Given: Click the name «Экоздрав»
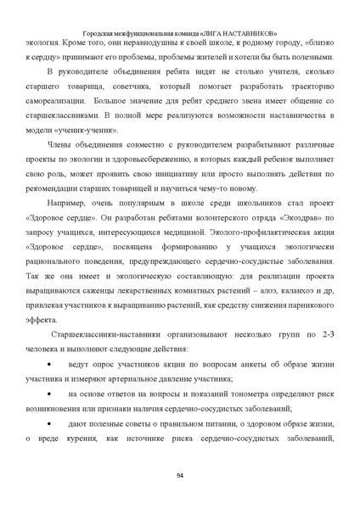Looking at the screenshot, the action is [294, 224].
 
